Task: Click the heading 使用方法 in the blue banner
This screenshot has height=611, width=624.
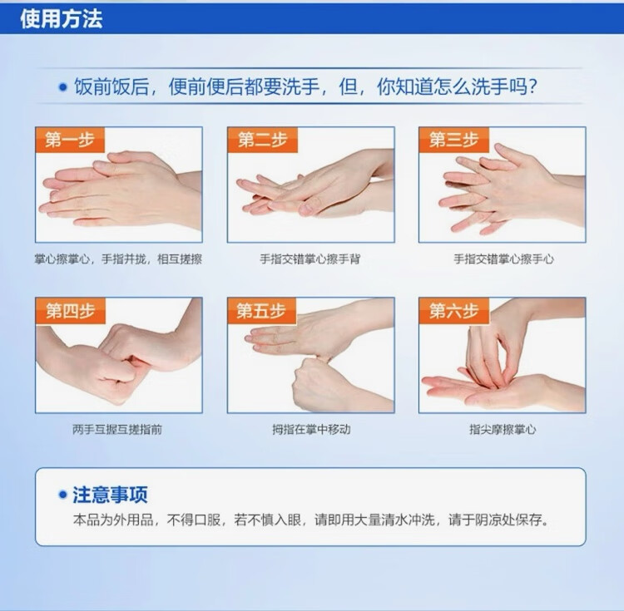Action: pyautogui.click(x=62, y=18)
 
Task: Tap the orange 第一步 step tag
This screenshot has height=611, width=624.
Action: pyautogui.click(x=70, y=140)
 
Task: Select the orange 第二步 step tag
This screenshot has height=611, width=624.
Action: pyautogui.click(x=262, y=140)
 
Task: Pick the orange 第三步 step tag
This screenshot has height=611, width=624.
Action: pyautogui.click(x=453, y=140)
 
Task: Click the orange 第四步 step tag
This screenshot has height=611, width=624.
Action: pyautogui.click(x=71, y=310)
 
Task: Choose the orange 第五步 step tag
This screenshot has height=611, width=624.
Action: pyautogui.click(x=262, y=310)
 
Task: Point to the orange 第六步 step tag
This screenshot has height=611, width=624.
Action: pyautogui.click(x=453, y=310)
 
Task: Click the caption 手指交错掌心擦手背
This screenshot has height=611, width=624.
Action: pyautogui.click(x=310, y=259)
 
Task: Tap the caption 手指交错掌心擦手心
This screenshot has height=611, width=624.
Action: pyautogui.click(x=503, y=259)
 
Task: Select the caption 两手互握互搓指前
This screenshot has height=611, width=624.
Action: pyautogui.click(x=117, y=429)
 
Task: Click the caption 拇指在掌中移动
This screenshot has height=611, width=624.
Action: pyautogui.click(x=311, y=429)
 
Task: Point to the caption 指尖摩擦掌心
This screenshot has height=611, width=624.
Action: pyautogui.click(x=503, y=429)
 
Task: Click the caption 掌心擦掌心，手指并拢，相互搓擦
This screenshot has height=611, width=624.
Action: pyautogui.click(x=118, y=259)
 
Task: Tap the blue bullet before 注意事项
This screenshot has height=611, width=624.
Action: pyautogui.click(x=62, y=495)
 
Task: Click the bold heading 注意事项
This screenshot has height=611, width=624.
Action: pyautogui.click(x=110, y=495)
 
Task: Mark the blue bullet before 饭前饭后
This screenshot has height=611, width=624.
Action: pyautogui.click(x=63, y=87)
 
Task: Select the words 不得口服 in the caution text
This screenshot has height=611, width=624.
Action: pyautogui.click(x=193, y=520)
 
